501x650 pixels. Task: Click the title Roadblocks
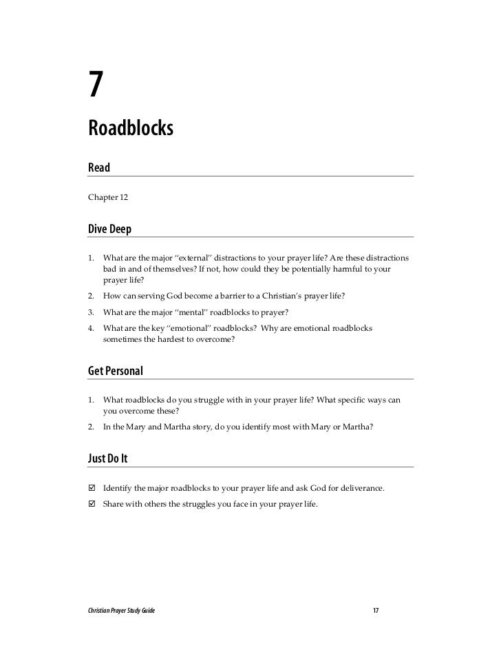tap(130, 128)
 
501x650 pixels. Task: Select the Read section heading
tap(99, 167)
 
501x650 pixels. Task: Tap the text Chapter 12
tap(107, 197)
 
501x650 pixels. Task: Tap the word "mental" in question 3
tap(207, 312)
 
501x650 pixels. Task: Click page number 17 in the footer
tap(376, 611)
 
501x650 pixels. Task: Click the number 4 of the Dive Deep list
tap(90, 328)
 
